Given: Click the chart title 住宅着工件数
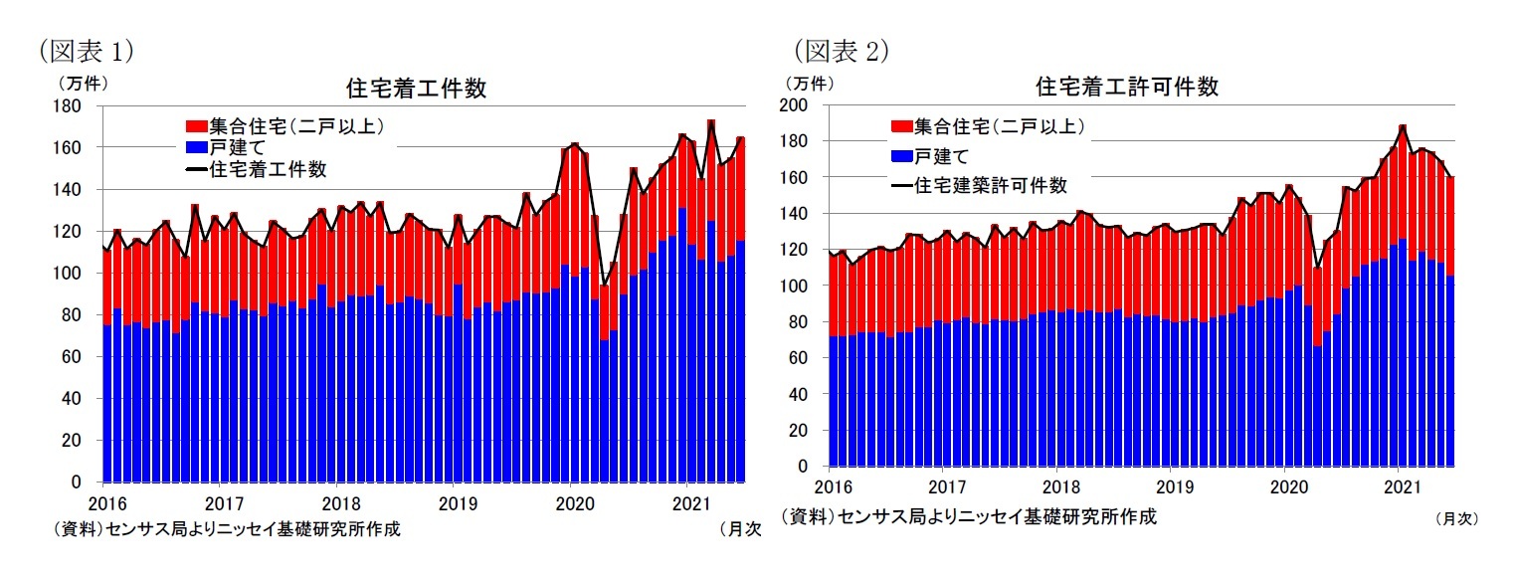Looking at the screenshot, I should coord(416,88).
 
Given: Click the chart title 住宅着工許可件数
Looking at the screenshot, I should coord(1127,87).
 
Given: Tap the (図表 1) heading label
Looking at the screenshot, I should coord(86,49).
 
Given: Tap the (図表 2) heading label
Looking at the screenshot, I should coord(841,49).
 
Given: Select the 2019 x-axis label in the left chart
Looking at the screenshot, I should coord(455,501).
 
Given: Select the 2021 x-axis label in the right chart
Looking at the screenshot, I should coord(1401,487).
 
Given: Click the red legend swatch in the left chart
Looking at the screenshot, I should coord(195,126).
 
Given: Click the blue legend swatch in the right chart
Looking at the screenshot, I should coord(900,156).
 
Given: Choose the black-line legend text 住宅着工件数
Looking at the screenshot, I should coord(267,169).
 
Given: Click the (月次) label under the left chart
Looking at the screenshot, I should coord(739,530).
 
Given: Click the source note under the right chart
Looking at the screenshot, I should coord(969,516).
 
